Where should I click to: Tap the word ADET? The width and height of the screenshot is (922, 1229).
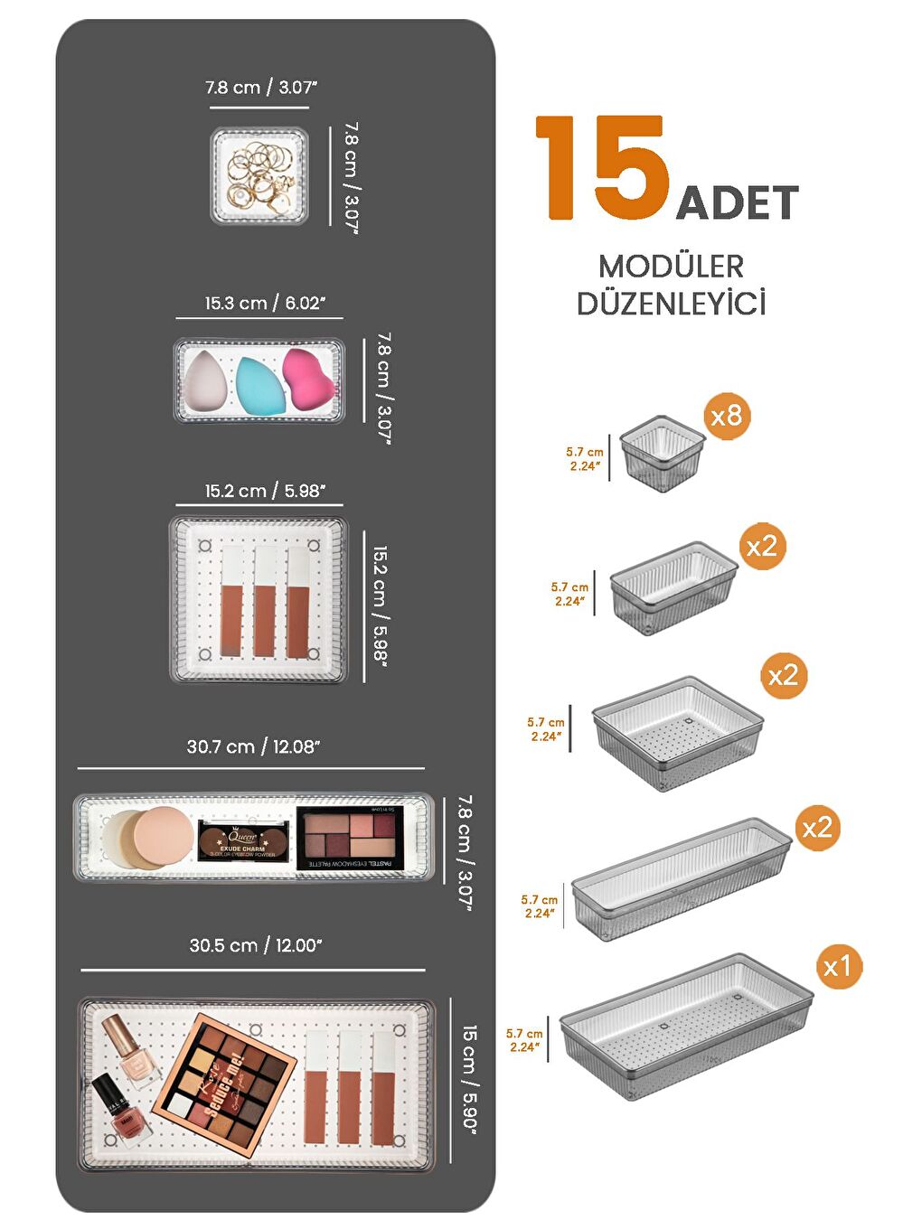tap(737, 203)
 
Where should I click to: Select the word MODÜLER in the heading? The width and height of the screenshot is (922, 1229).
tap(671, 267)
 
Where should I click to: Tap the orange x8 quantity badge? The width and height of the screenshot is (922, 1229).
tap(727, 416)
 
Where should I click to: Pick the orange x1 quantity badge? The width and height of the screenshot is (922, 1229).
tap(837, 967)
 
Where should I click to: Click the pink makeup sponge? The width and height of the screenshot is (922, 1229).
tap(308, 380)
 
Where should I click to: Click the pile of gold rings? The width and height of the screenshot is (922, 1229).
tap(260, 175)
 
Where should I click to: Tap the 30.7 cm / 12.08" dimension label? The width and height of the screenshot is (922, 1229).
tap(253, 747)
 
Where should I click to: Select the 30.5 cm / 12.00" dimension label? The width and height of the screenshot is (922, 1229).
tap(256, 946)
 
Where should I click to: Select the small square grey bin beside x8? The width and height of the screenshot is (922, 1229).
tap(662, 453)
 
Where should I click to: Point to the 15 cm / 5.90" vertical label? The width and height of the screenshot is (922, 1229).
tap(469, 1078)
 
